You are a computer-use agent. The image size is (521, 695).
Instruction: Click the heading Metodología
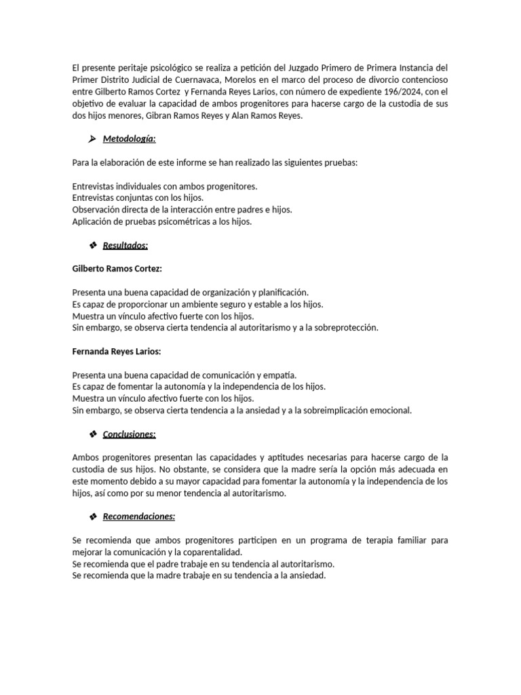(x=129, y=139)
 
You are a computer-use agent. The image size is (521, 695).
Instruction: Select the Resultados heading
(x=126, y=245)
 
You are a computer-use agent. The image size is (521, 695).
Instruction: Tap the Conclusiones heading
(x=129, y=434)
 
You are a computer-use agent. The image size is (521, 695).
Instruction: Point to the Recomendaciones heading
(x=139, y=516)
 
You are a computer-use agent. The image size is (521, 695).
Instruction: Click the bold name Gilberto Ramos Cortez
(x=117, y=269)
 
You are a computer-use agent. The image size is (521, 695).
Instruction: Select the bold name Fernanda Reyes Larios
(x=117, y=351)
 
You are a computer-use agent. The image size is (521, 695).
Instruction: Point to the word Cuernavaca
(x=197, y=79)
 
